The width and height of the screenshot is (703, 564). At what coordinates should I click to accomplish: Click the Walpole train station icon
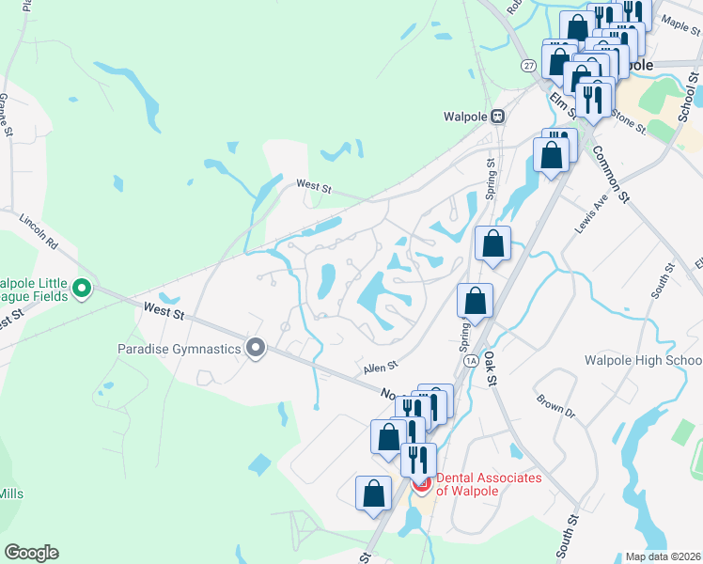(x=498, y=117)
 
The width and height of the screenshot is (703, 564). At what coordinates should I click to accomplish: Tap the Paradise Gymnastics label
(x=179, y=349)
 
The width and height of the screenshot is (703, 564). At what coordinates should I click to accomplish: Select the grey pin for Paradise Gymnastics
(x=256, y=349)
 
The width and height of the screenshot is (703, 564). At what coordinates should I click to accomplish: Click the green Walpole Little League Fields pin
(x=82, y=289)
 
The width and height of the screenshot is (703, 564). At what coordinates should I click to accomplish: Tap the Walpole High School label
(x=643, y=360)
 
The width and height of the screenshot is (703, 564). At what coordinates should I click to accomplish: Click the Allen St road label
(x=381, y=366)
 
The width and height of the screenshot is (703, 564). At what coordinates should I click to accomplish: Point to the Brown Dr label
(x=555, y=406)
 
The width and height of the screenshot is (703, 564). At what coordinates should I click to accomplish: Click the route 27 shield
(x=530, y=66)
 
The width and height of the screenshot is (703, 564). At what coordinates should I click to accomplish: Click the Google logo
(x=31, y=553)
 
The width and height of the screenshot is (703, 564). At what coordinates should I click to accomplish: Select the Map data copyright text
(x=664, y=556)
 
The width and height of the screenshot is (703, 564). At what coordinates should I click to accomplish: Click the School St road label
(x=690, y=99)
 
